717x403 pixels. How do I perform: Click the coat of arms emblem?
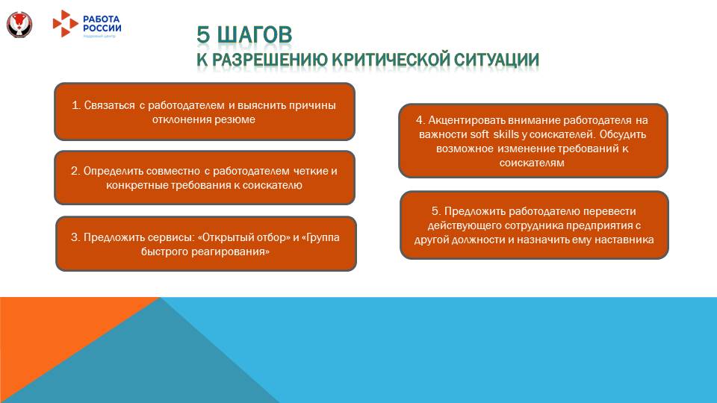(19, 24)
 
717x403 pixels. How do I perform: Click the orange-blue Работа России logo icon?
(65, 23)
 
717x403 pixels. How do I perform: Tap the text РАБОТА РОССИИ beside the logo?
(102, 23)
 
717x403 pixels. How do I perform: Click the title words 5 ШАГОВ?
(244, 35)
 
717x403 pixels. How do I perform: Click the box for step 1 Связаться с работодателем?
(204, 112)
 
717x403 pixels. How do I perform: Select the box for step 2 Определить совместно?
(204, 178)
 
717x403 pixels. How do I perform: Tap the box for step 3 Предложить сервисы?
(206, 244)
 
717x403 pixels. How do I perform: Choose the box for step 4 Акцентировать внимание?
(533, 140)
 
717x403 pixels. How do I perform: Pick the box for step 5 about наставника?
(534, 225)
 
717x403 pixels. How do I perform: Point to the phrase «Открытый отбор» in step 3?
(243, 237)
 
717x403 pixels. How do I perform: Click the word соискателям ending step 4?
(533, 162)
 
